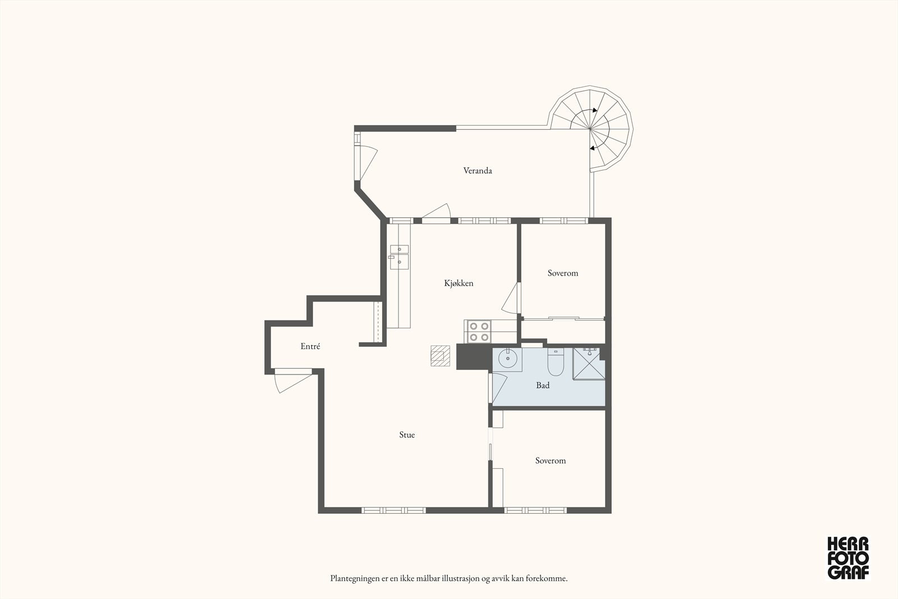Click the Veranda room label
(x=478, y=171)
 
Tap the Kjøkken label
(x=459, y=283)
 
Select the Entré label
(x=310, y=346)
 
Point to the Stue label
(x=407, y=435)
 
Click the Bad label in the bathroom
(x=543, y=385)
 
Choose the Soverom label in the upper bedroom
(x=563, y=273)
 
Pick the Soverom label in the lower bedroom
(x=551, y=461)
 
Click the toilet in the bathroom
(x=556, y=362)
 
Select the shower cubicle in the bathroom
(x=589, y=363)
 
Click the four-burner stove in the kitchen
(x=478, y=332)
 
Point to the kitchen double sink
(x=399, y=257)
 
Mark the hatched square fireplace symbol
(x=440, y=355)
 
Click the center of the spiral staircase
(x=590, y=129)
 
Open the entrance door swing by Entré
(x=292, y=382)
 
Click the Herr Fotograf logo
(x=848, y=557)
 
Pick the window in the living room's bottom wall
(x=393, y=510)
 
